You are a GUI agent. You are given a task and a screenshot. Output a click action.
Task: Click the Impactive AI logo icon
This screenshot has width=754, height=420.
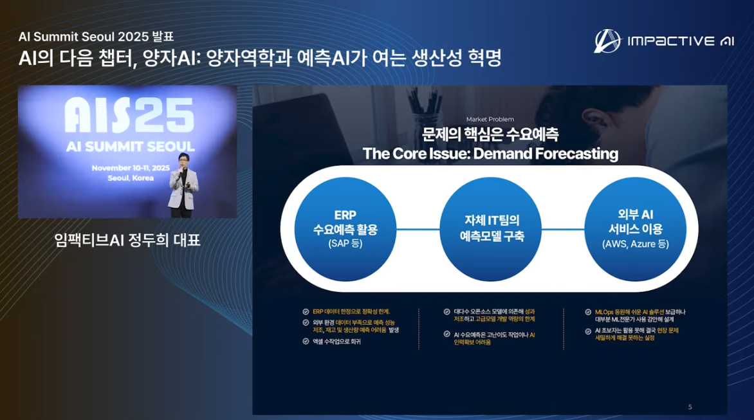pos(607,41)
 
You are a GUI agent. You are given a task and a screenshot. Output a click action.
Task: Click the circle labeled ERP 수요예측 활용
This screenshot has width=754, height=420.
pos(345,229)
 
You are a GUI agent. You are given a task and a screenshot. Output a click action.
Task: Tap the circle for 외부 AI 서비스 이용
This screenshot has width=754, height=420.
pos(635,229)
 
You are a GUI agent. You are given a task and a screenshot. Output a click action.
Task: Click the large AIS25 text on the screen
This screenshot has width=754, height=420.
pos(129,116)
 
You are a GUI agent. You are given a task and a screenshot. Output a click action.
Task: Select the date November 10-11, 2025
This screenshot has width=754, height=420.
pos(131,168)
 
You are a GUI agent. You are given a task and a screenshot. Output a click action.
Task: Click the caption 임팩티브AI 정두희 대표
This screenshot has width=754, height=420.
pos(127,241)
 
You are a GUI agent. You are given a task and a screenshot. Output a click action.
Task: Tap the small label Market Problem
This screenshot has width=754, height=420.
pos(490,119)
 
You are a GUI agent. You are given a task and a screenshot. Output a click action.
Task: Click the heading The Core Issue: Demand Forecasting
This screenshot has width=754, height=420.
pos(490,154)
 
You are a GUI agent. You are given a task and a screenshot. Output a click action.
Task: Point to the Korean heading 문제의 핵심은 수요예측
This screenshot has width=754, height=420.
pos(490,134)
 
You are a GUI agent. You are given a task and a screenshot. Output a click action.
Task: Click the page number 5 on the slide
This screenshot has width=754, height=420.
pos(690,406)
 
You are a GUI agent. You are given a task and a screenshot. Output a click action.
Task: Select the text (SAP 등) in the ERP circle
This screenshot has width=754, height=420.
pos(345,244)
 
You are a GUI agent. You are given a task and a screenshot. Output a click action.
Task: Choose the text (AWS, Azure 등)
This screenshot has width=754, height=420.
pos(635,244)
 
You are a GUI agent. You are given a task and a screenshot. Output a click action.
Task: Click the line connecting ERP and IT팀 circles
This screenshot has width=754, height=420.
pos(418,229)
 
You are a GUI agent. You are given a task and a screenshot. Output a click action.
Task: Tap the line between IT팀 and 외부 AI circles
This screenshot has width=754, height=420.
pos(563,229)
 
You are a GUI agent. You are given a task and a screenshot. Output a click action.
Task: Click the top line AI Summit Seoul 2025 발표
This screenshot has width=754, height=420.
pos(96,37)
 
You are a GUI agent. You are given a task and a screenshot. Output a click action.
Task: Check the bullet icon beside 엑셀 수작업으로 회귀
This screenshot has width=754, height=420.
pos(306,342)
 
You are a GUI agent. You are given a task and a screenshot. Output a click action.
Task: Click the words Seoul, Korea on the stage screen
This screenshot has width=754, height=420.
pos(131,178)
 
